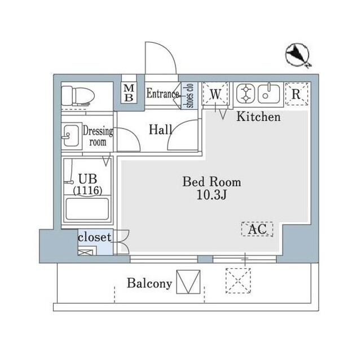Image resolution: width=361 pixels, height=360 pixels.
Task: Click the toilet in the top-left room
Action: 78,96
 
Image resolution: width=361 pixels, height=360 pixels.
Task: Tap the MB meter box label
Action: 129,93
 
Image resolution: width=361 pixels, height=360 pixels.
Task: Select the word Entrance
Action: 163,94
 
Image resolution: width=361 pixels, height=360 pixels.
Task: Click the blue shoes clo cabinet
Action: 190,95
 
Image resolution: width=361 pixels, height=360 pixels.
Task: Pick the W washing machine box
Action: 215,94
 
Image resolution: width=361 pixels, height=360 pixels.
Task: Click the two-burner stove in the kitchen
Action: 246,94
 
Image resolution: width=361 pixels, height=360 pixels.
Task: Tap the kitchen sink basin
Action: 268,94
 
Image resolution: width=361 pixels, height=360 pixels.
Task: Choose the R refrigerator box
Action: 297,94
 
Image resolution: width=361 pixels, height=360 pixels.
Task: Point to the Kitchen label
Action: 258,117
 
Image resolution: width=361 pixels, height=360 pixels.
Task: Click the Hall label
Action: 160,130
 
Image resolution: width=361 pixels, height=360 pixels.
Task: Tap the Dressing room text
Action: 98,136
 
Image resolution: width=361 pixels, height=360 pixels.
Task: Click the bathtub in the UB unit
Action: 87,209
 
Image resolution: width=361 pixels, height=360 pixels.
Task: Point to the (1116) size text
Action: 87,190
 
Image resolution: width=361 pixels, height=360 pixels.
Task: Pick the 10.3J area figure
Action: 212,195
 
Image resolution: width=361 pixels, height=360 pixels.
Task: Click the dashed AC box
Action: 257,229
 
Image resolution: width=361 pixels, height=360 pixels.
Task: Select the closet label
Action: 95,237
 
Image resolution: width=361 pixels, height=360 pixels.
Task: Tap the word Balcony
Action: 149,283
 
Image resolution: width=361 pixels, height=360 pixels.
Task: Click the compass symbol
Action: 297,55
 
